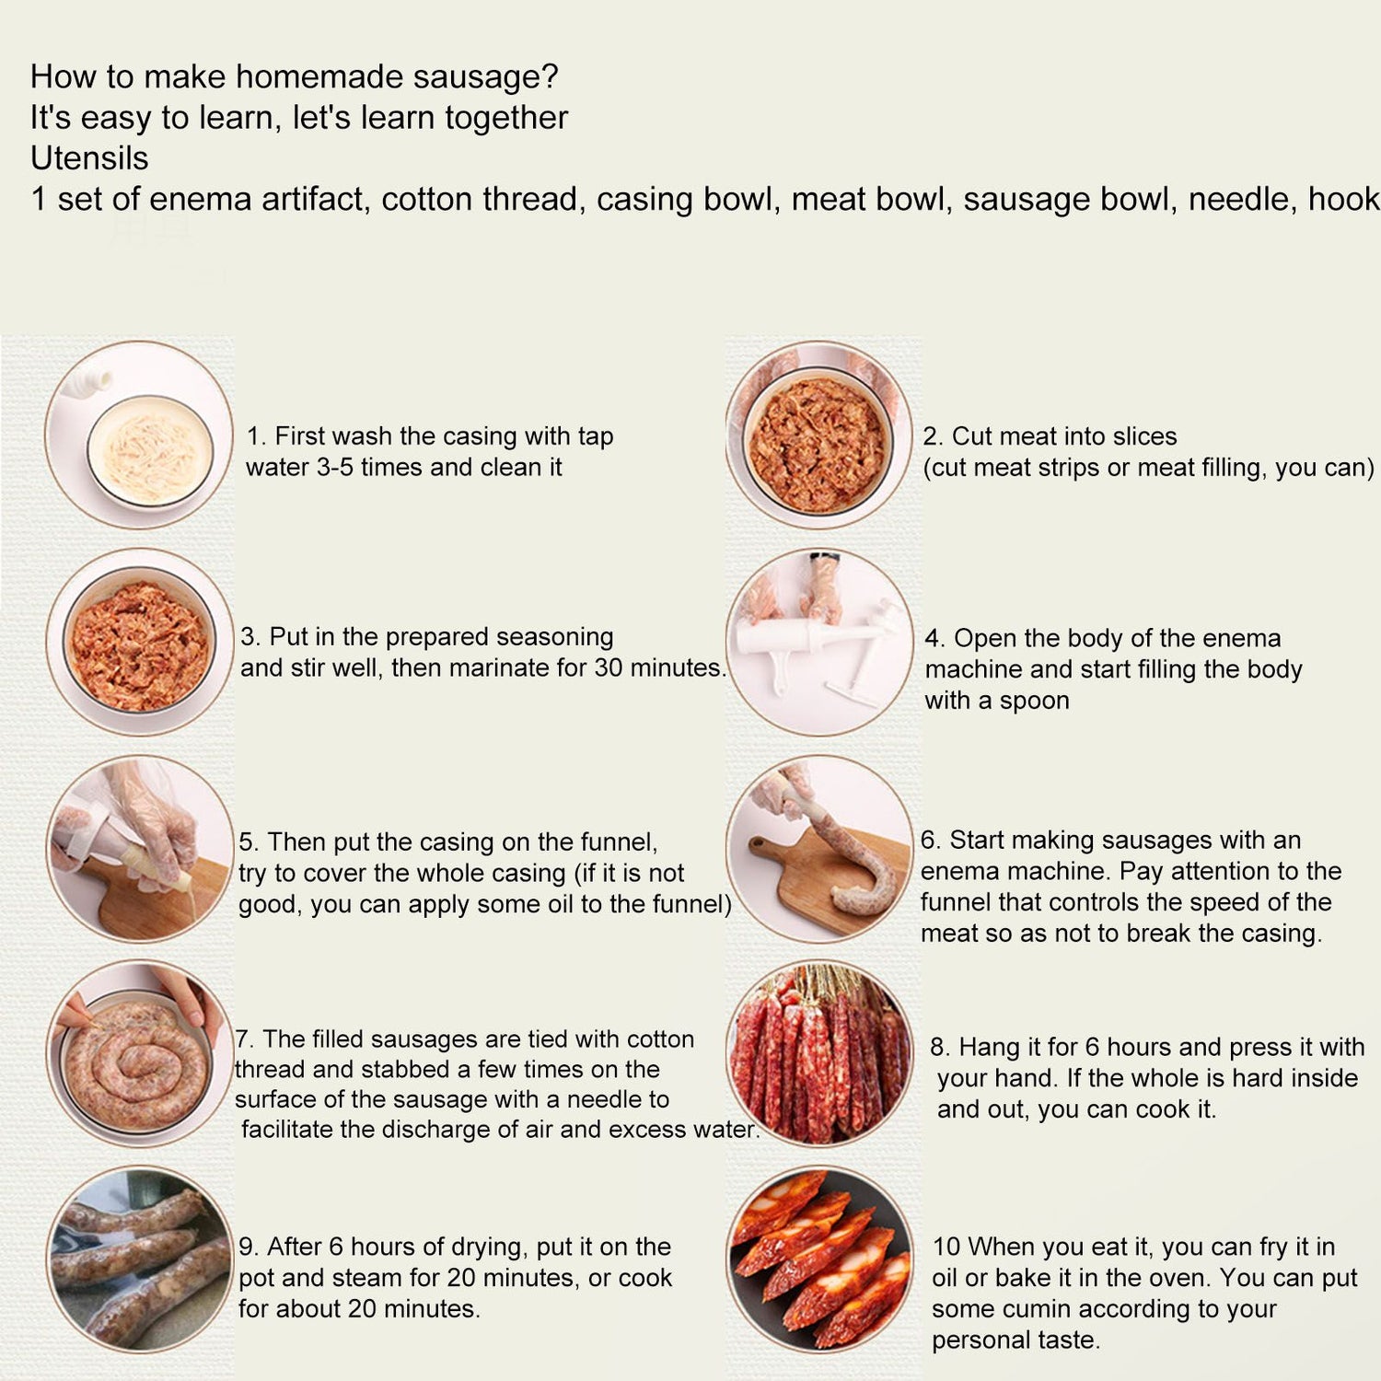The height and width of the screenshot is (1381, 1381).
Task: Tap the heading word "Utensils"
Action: [89, 158]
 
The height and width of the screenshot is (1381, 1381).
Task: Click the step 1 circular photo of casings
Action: [139, 435]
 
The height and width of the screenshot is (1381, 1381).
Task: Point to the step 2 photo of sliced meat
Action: [819, 435]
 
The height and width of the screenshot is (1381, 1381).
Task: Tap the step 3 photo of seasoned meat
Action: [139, 642]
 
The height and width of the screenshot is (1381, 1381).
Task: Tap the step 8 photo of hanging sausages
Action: [819, 1054]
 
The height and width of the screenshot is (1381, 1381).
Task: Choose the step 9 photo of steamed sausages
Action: [139, 1259]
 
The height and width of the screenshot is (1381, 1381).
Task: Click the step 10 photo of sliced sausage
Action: [819, 1259]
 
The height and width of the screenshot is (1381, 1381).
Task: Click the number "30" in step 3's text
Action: [609, 667]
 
